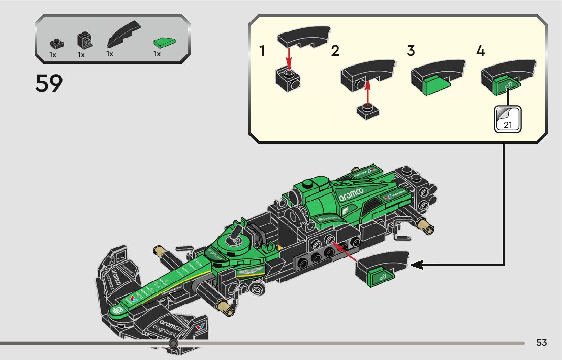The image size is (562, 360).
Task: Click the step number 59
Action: point(49,84)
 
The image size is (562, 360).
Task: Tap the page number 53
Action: point(541,343)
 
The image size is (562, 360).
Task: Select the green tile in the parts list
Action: point(164,42)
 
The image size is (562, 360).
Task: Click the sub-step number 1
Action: point(262,51)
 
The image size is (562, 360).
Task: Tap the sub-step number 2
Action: point(335,51)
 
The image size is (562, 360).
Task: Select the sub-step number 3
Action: point(411,51)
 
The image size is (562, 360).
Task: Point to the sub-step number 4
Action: point(481,51)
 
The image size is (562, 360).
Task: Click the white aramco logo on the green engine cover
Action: point(352,194)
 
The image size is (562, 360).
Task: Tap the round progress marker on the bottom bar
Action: point(173,343)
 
